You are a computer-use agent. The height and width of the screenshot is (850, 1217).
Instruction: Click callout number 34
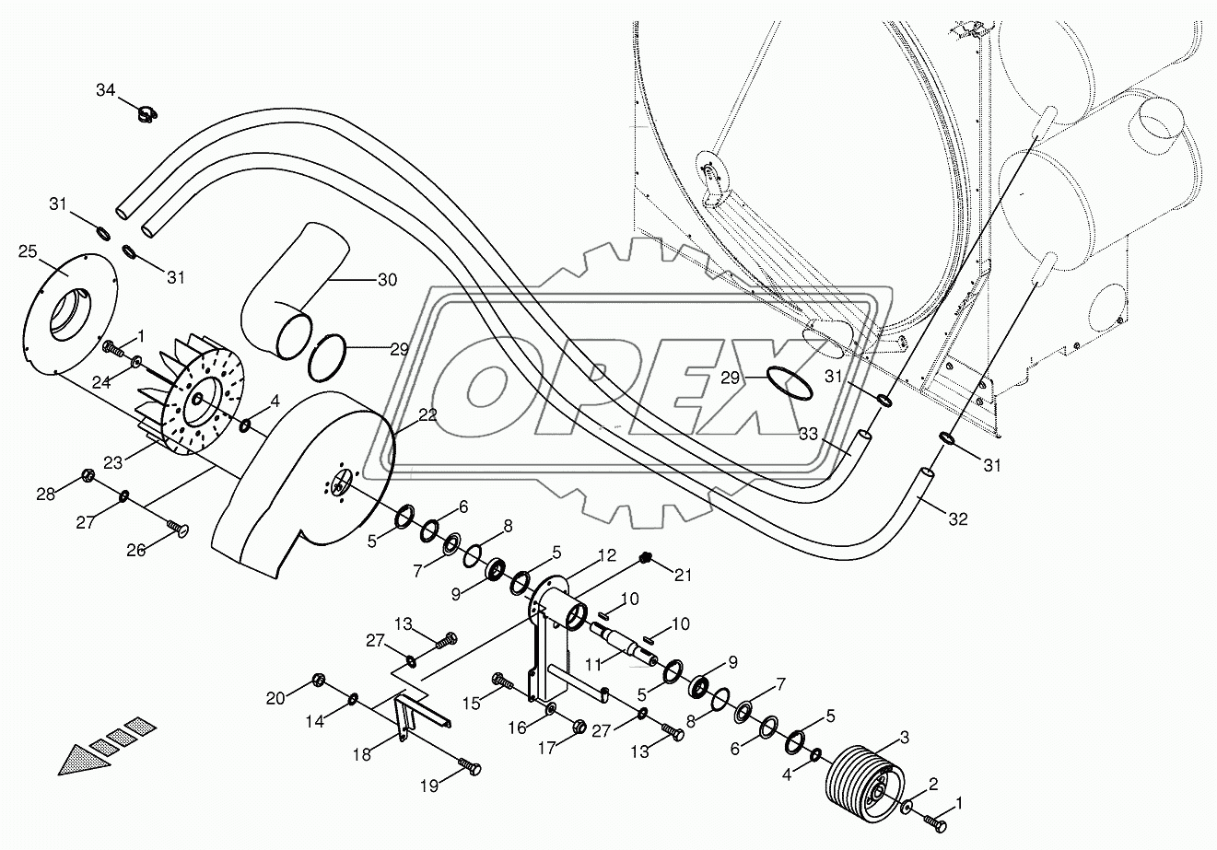click(x=106, y=89)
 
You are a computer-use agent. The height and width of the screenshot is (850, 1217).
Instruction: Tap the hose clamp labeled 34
click(x=145, y=114)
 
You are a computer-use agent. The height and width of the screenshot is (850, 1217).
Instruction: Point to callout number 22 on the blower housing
click(x=427, y=417)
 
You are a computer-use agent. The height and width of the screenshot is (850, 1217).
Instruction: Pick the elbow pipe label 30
click(x=387, y=279)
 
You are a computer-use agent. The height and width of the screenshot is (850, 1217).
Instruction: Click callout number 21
click(x=682, y=576)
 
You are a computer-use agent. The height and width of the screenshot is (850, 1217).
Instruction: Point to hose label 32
click(x=958, y=518)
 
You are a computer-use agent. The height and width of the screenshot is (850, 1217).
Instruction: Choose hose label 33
click(x=808, y=433)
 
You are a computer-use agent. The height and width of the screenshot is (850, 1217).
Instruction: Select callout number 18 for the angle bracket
click(x=362, y=753)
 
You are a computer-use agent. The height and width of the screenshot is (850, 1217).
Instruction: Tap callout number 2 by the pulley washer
click(x=932, y=784)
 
